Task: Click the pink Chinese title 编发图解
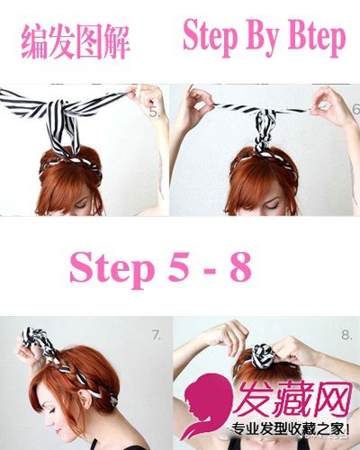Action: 76,42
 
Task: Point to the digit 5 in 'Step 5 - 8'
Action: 179,266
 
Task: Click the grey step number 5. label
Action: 154,112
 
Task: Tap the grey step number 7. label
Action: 157,335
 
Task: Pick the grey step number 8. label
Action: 346,335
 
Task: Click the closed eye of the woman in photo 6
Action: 272,206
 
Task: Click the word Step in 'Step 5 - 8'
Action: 112,268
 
